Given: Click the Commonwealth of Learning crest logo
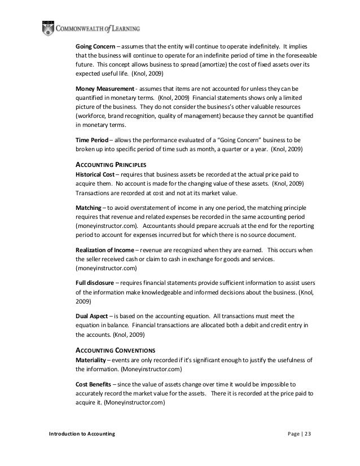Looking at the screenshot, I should [x=48, y=27].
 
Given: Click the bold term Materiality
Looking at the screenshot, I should [x=92, y=360].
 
